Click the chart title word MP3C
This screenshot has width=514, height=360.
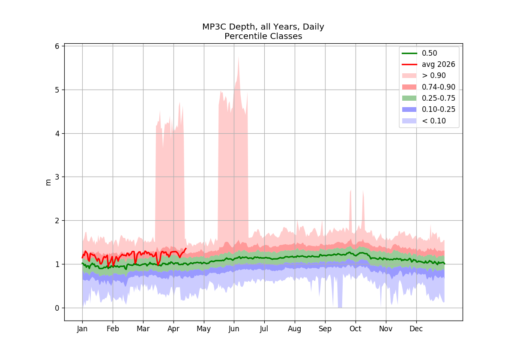214,27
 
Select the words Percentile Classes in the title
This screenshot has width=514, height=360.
263,36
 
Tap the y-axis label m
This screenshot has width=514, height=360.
48,183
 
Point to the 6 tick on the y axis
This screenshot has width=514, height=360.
57,46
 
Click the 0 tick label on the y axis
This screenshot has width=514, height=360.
57,308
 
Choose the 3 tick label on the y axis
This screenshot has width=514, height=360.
57,177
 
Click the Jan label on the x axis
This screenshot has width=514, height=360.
82,329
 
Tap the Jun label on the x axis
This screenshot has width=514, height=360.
234,329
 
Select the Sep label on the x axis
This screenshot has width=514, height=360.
325,329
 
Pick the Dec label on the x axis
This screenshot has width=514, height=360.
416,329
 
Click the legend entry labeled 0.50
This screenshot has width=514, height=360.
429,53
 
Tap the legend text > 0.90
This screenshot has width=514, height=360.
433,75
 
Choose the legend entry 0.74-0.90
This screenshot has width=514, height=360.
439,87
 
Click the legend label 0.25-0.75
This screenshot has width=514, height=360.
439,98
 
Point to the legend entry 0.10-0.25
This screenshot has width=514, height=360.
439,109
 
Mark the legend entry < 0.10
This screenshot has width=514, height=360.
433,121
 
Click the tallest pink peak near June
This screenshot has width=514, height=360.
239,57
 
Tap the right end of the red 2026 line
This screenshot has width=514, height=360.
186,249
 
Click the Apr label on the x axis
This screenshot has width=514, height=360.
173,329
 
